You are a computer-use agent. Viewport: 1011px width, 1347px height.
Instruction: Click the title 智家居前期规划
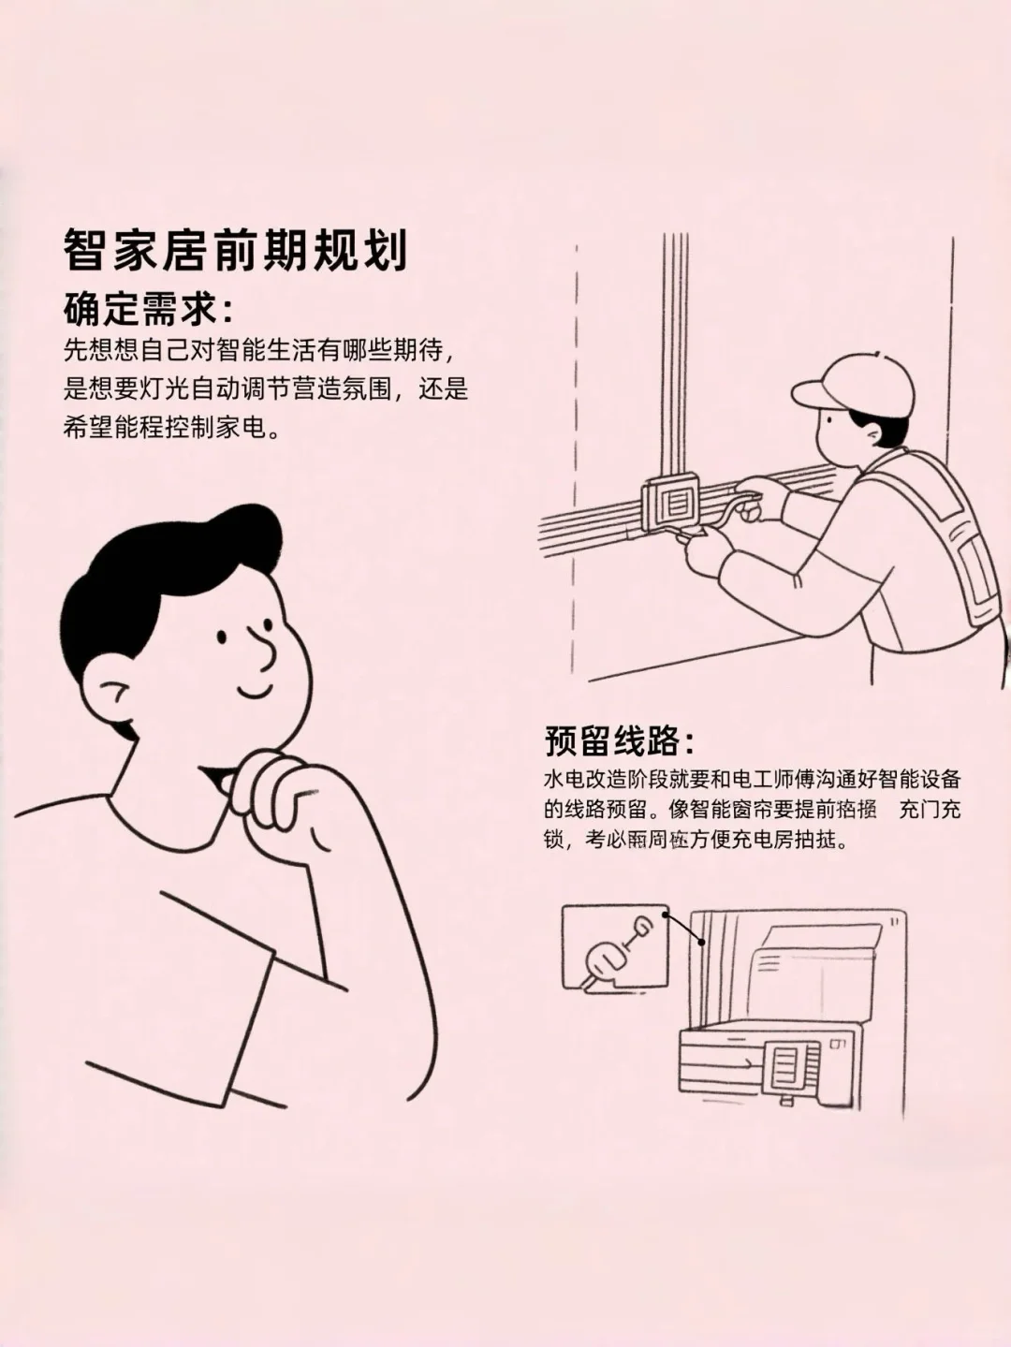[235, 251]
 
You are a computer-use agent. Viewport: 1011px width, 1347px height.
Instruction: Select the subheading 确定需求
[147, 308]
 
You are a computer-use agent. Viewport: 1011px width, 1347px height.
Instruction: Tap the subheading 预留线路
[619, 740]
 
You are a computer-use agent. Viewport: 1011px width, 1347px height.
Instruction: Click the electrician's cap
[854, 386]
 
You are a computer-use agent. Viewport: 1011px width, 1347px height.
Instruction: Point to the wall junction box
[670, 505]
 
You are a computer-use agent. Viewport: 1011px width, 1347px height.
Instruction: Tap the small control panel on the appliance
[784, 1067]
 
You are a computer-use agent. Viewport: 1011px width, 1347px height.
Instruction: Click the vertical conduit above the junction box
[674, 356]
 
